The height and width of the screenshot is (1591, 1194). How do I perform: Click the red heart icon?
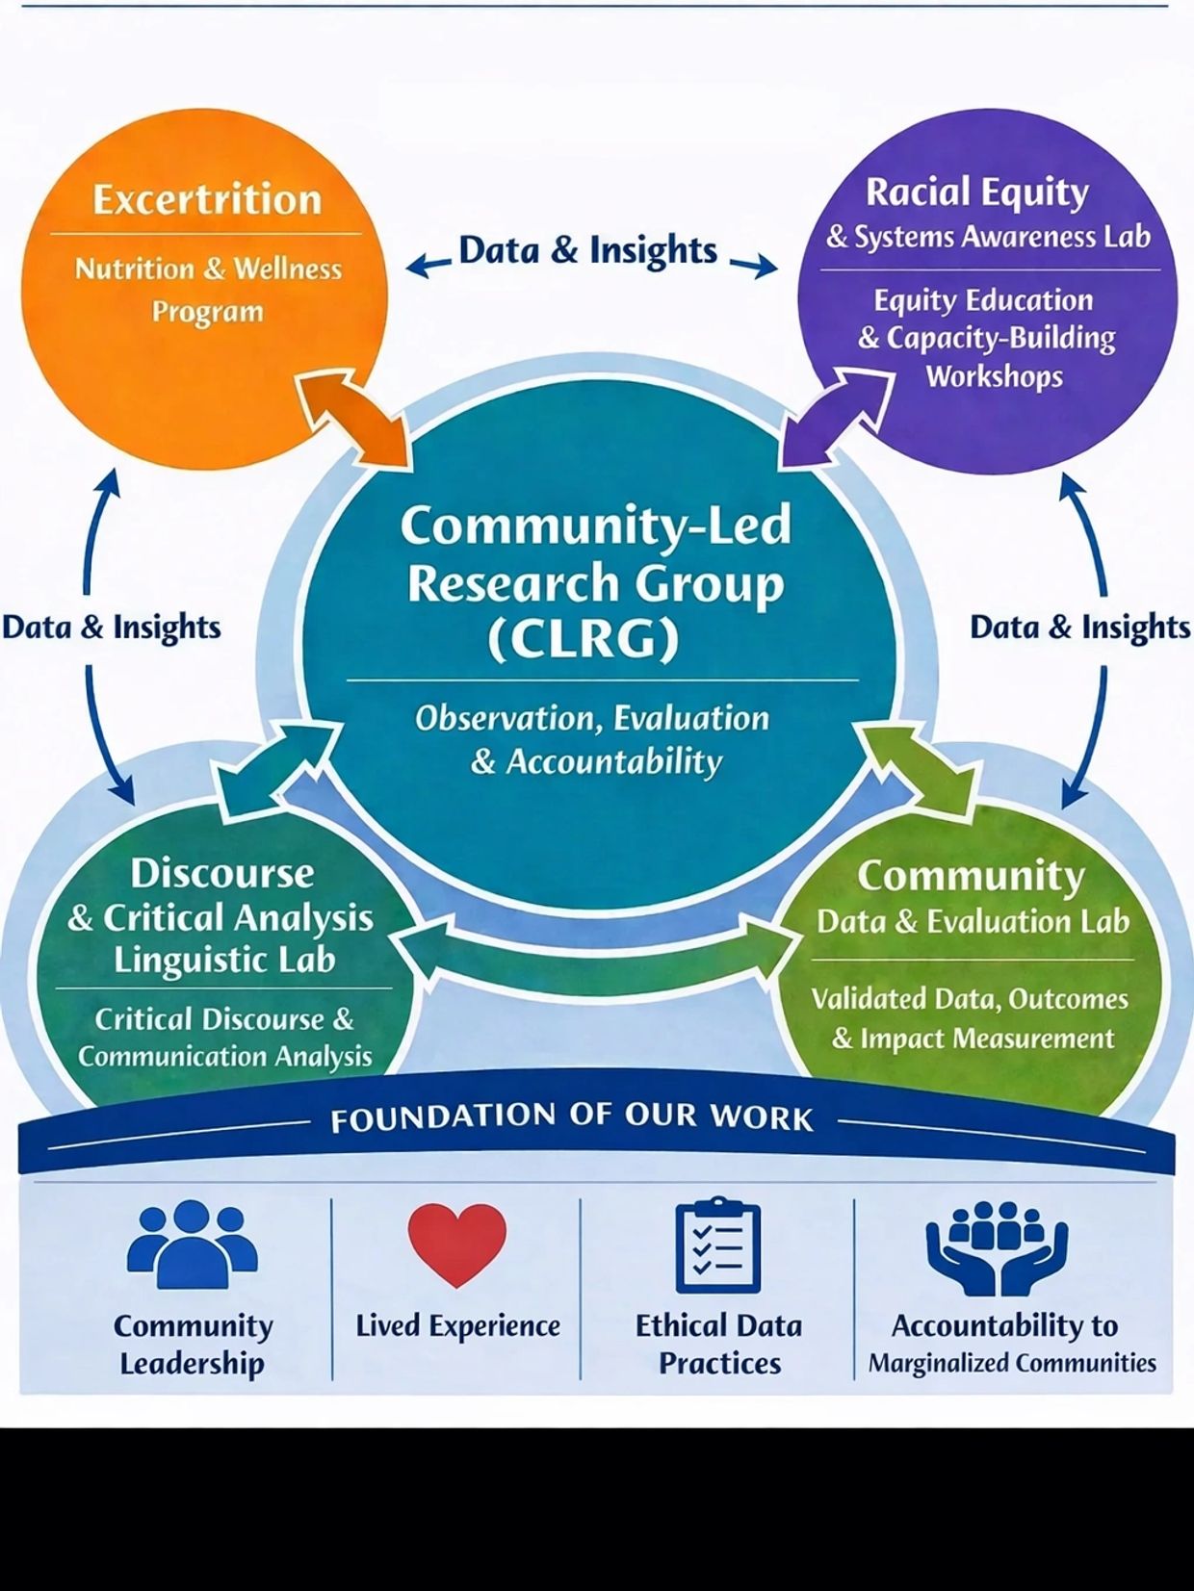point(456,1244)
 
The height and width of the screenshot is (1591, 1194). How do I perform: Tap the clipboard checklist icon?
point(718,1245)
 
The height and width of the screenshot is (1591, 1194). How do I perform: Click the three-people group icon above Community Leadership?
point(192,1244)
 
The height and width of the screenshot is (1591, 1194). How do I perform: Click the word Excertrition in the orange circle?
point(206,200)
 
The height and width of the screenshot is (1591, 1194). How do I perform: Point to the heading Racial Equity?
point(977,192)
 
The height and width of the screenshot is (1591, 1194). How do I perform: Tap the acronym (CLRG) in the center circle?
point(584,638)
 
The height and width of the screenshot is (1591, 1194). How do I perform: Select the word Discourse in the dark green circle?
point(222,873)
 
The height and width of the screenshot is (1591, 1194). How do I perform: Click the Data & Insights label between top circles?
point(587,250)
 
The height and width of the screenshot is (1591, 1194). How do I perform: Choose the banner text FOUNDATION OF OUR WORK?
point(572,1117)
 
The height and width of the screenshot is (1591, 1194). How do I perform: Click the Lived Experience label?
point(457,1326)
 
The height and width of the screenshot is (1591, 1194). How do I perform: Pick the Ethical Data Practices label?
point(718,1344)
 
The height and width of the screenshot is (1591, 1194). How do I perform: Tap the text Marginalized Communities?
point(1012,1363)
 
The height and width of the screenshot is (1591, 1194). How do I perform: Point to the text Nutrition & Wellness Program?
point(208,290)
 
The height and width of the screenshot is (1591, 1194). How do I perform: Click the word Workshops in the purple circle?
point(995,376)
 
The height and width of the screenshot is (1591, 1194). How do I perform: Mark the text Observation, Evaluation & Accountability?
point(593,740)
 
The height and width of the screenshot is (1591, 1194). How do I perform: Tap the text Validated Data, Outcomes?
point(970,999)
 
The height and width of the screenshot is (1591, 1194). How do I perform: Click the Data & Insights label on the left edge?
point(112,628)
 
